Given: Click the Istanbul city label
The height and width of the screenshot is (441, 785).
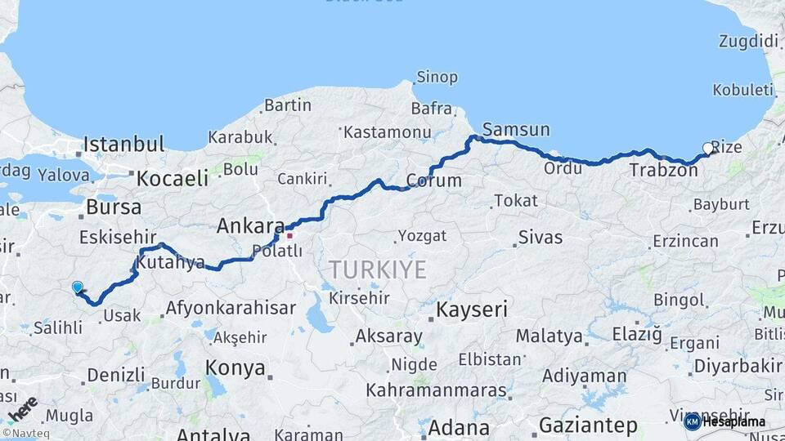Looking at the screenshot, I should click(x=123, y=145).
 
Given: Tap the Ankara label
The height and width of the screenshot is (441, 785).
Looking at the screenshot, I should click(x=250, y=226).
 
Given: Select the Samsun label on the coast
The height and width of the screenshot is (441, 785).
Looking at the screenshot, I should click(x=516, y=129).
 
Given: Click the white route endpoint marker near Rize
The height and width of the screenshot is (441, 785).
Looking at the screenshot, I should click(x=708, y=148).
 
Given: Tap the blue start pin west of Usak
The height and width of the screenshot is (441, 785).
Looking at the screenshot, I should click(x=77, y=287).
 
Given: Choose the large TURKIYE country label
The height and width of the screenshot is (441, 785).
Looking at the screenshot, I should click(x=378, y=269).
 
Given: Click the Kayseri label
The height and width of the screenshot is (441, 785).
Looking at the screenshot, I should click(x=471, y=310).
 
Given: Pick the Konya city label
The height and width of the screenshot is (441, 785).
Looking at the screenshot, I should click(x=235, y=367).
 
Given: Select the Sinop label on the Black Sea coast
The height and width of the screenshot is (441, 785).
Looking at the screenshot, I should click(x=437, y=78).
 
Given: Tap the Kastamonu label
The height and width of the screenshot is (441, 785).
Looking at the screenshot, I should click(x=387, y=131).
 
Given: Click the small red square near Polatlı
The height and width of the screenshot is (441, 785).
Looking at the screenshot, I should click(x=289, y=236).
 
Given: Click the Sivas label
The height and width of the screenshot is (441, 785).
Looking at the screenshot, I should click(x=540, y=238).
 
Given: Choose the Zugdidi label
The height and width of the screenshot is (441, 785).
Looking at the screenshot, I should click(x=748, y=41).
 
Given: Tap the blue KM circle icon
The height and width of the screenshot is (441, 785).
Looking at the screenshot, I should click(x=693, y=421).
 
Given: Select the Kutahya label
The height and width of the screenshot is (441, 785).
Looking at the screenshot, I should click(x=170, y=263).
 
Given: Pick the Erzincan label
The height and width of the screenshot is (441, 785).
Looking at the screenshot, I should click(x=685, y=241).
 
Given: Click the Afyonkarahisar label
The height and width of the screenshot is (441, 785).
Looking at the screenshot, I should click(x=231, y=309).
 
